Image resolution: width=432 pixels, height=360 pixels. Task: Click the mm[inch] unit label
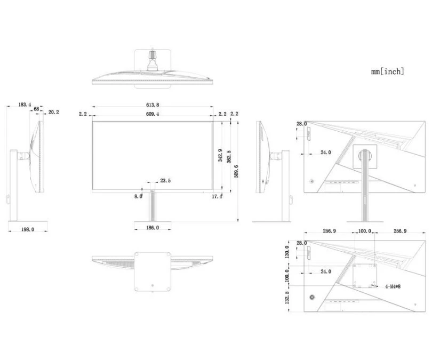(x=388, y=71)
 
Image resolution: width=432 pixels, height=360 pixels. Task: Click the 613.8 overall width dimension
(x=153, y=105)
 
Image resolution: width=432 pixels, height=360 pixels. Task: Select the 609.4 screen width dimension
(x=153, y=114)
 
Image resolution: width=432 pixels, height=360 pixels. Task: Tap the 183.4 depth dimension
(x=25, y=105)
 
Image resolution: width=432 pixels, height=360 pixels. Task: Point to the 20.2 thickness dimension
(x=53, y=112)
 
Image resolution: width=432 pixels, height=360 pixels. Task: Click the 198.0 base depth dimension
(x=28, y=229)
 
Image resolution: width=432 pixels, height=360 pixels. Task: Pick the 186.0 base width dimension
(x=153, y=228)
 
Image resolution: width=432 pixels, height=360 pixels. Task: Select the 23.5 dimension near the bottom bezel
(x=165, y=181)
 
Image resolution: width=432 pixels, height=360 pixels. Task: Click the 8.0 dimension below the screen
(x=138, y=196)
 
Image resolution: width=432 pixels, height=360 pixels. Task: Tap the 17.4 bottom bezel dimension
(x=217, y=196)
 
